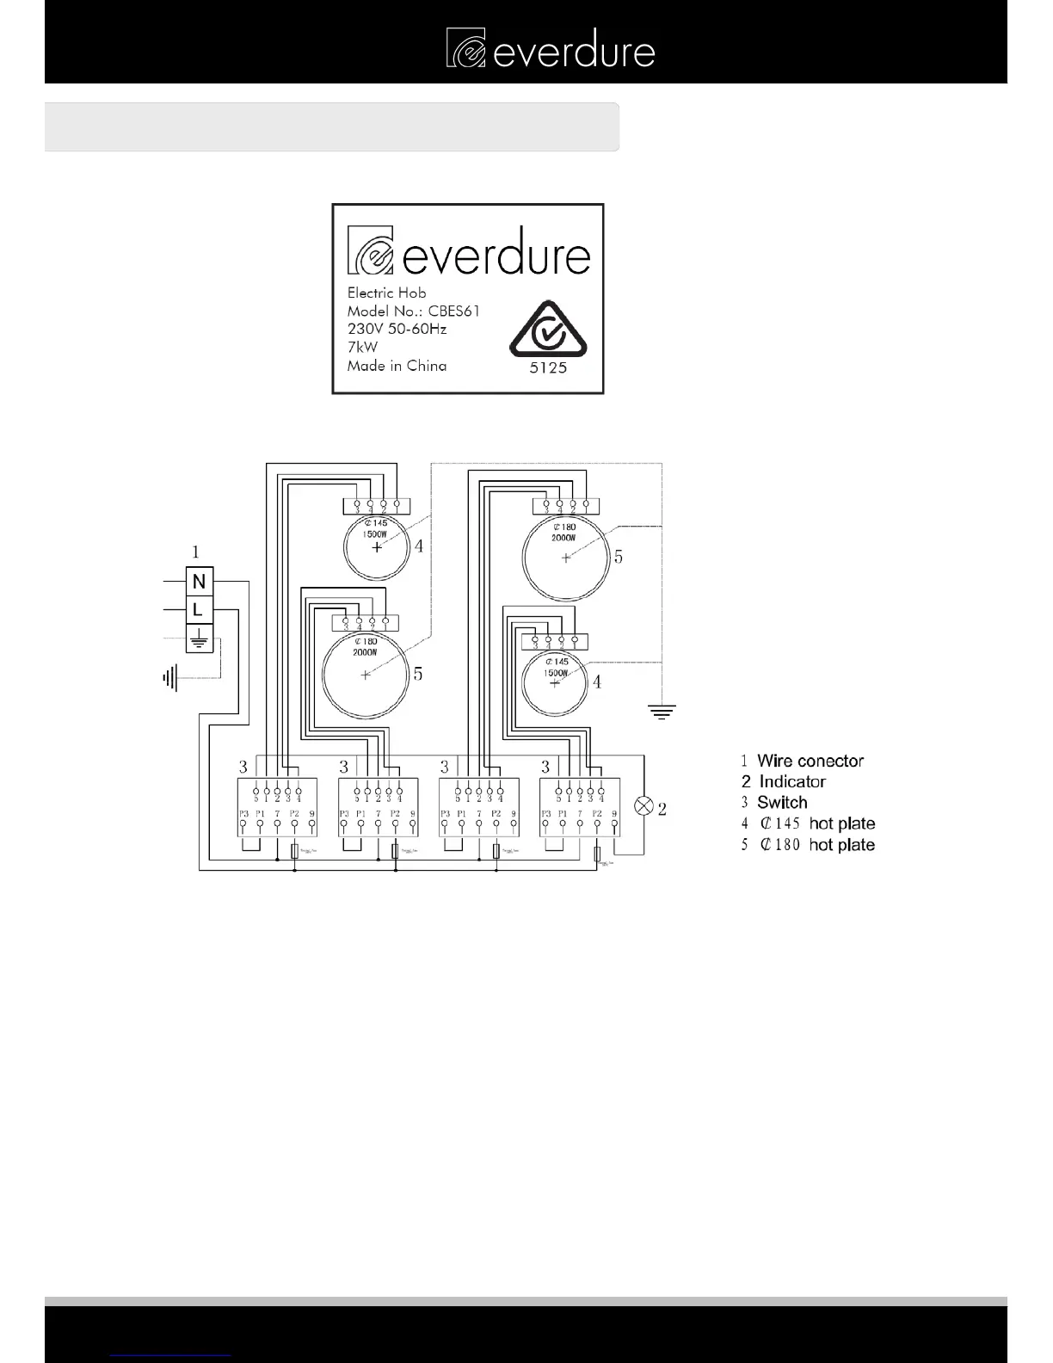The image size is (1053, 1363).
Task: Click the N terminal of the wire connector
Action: tap(200, 582)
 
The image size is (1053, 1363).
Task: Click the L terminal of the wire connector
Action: tap(200, 610)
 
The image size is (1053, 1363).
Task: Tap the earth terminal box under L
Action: tap(200, 638)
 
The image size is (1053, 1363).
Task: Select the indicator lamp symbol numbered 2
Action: tap(643, 806)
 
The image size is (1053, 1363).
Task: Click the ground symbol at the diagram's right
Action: tap(662, 711)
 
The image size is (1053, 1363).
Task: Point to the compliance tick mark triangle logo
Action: tap(548, 330)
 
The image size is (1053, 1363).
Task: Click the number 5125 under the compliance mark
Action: tap(548, 367)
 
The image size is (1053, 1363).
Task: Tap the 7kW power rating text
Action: tap(362, 347)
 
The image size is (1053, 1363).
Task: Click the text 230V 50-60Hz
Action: tap(397, 329)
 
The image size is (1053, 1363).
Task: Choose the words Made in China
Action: tap(397, 366)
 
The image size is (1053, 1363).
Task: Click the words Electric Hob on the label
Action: tap(386, 293)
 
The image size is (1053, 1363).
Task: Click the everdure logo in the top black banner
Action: tap(551, 48)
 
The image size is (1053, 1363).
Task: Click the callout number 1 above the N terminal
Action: tap(195, 552)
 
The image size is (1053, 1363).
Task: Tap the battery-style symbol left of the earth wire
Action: tap(169, 679)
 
